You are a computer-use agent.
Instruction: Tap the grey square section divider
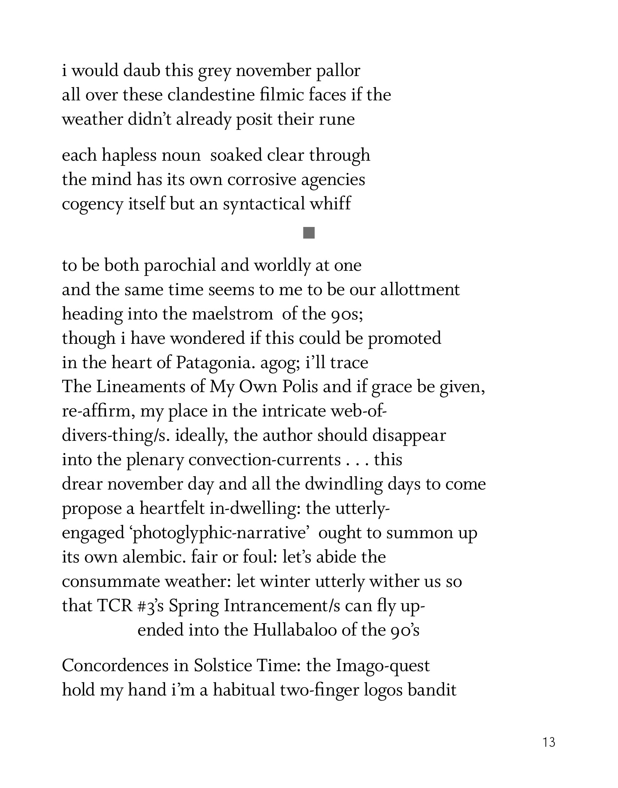[x=309, y=233]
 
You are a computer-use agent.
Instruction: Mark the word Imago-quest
[x=383, y=666]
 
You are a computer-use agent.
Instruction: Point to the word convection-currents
[x=264, y=460]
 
